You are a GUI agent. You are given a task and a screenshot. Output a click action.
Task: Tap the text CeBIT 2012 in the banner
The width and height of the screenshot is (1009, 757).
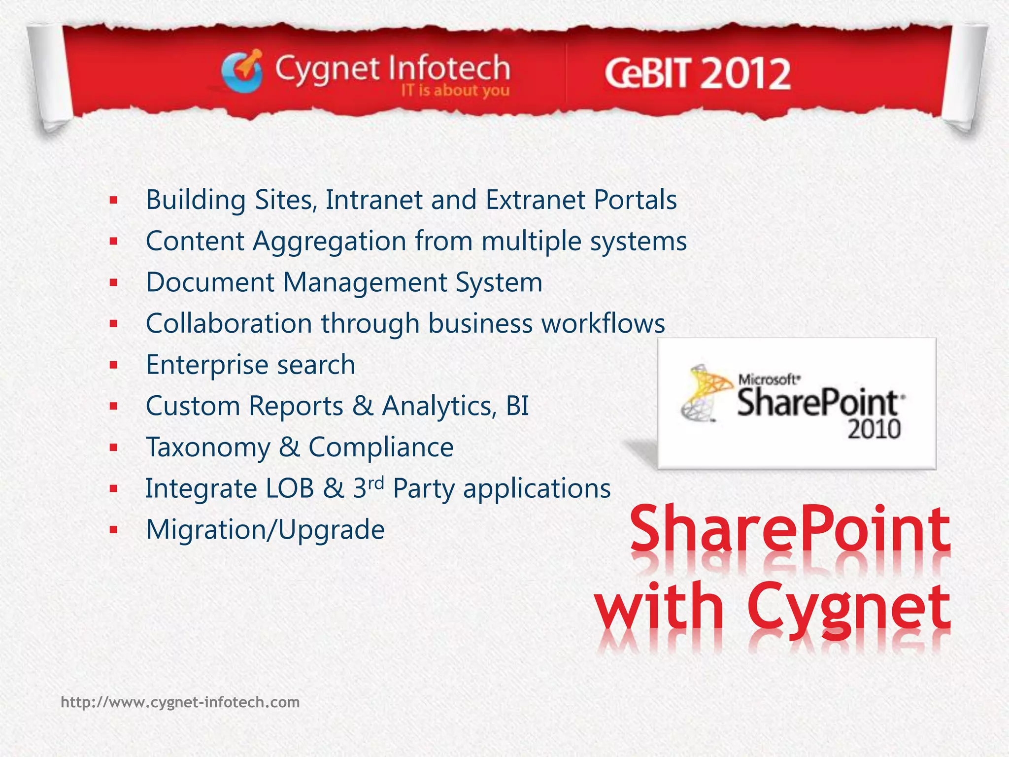tap(697, 74)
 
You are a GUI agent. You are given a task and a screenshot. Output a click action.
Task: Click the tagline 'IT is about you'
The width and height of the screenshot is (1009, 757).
tap(455, 91)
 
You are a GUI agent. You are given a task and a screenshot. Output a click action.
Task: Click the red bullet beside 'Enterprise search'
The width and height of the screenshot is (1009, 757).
tap(114, 365)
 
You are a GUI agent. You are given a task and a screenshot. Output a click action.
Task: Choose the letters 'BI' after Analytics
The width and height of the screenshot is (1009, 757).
tap(517, 406)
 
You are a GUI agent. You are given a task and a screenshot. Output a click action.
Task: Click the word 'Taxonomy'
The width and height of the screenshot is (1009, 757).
tap(208, 447)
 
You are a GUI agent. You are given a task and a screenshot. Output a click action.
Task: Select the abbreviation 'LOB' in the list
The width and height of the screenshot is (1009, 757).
tap(290, 489)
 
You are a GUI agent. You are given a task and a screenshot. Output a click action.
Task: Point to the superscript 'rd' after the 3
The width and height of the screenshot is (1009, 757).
tap(375, 483)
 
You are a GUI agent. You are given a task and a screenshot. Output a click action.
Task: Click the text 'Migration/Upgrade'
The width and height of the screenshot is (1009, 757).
tap(265, 530)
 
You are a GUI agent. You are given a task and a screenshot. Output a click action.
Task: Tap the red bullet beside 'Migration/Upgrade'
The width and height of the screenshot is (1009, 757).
tap(114, 530)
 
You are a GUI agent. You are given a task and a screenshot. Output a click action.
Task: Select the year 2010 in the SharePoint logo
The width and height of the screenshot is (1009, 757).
tap(874, 429)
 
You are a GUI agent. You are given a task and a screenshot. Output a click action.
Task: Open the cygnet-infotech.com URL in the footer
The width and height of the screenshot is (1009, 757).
tap(180, 702)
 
